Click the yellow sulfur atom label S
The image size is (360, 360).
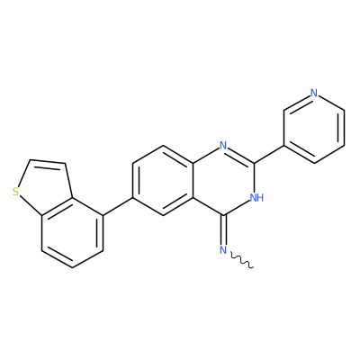click(16, 192)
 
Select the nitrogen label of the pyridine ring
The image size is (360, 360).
click(314, 93)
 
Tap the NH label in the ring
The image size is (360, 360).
click(256, 197)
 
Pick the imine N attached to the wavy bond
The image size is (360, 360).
click(223, 250)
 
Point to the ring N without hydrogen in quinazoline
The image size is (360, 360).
click(223, 146)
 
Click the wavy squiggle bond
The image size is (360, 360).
click(242, 260)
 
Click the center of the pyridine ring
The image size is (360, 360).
click(314, 128)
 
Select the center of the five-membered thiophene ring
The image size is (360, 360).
click(45, 186)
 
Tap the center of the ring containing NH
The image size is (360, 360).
click(223, 180)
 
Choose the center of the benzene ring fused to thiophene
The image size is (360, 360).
click(72, 233)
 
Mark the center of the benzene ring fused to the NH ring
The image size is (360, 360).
click(163, 180)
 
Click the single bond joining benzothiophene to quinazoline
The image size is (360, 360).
click(118, 207)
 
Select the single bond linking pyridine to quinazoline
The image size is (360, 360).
click(269, 155)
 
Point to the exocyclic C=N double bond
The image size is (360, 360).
click(223, 230)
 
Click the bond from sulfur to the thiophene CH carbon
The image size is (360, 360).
click(24, 174)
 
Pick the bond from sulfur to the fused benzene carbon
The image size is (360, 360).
click(31, 205)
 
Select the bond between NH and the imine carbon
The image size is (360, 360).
click(237, 208)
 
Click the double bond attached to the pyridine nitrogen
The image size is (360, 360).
click(298, 102)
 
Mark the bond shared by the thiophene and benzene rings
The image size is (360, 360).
click(57, 207)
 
